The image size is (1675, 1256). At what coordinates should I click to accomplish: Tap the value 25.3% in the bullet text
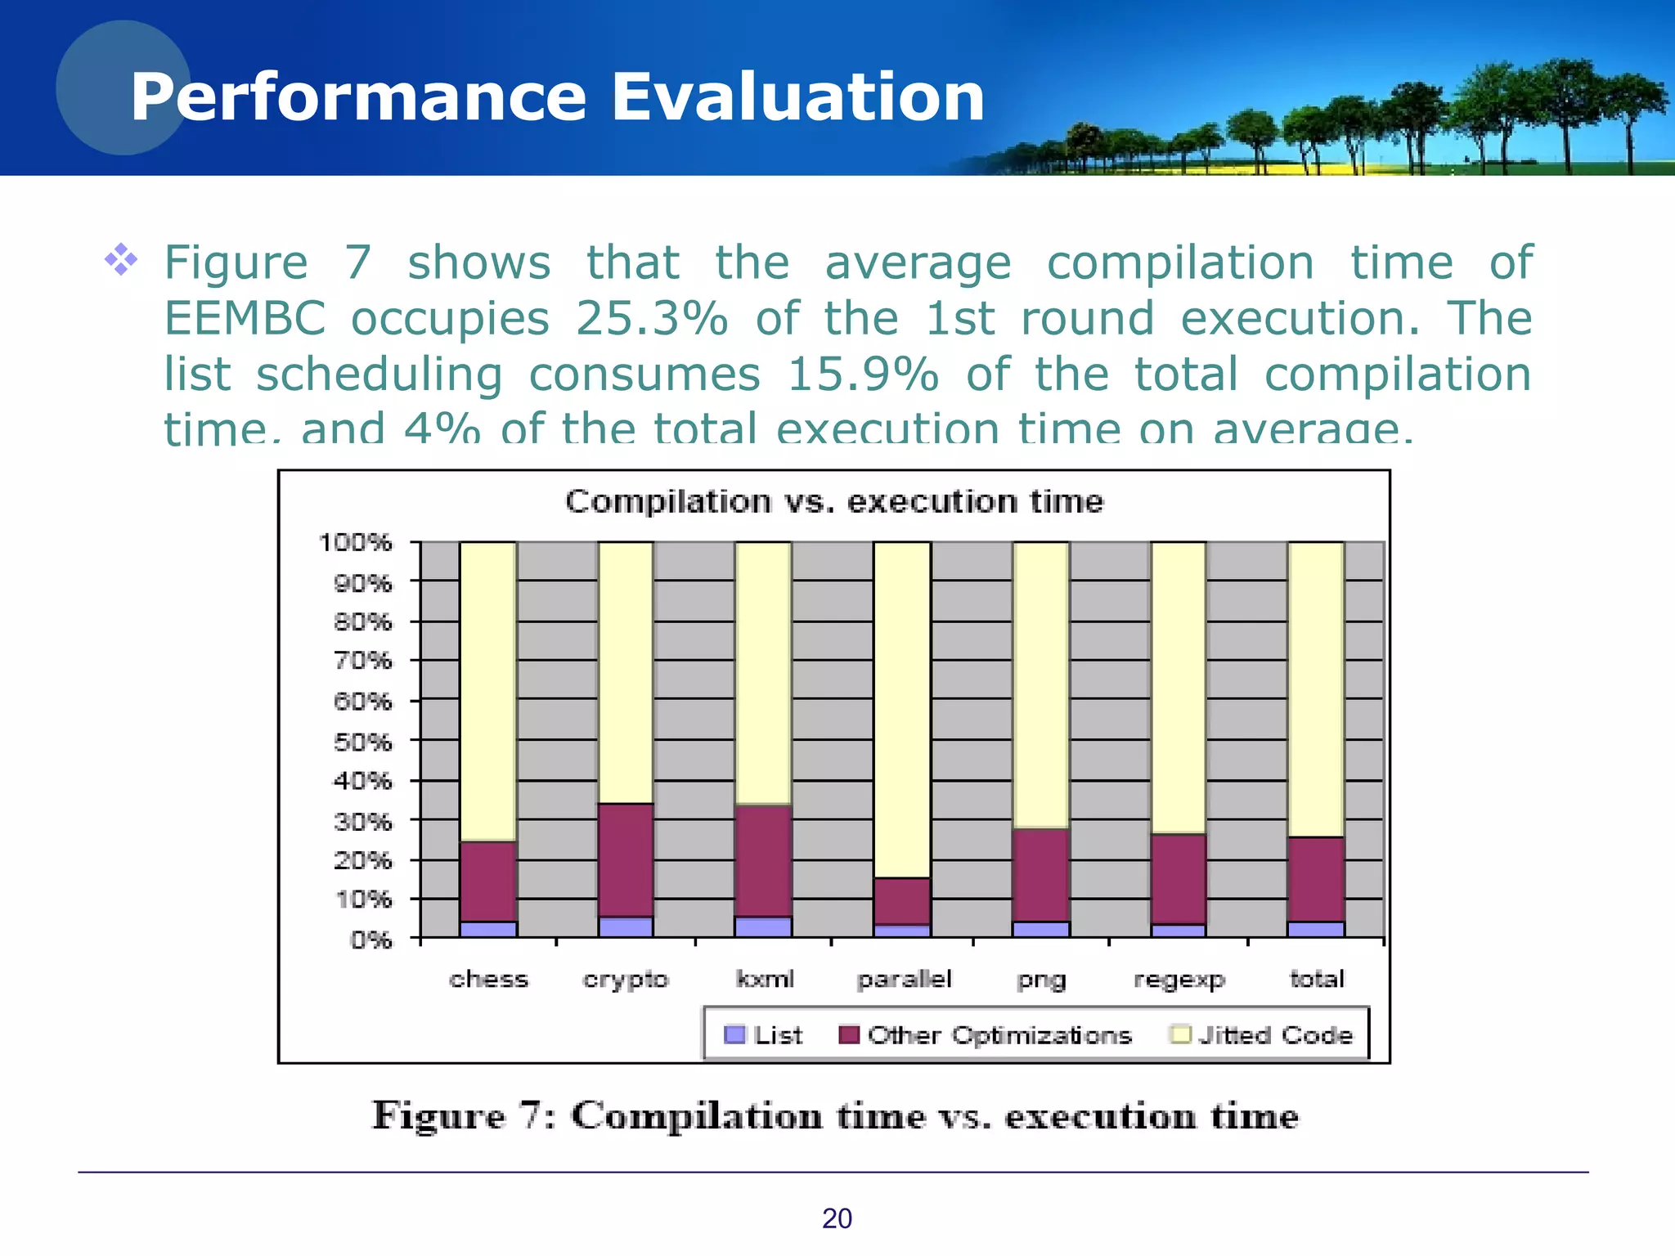click(x=651, y=318)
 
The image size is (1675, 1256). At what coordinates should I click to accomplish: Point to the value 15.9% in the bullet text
click(x=862, y=375)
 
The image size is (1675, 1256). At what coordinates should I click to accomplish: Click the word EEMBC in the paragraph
click(x=245, y=318)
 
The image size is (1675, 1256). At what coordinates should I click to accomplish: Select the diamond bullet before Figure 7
click(x=121, y=260)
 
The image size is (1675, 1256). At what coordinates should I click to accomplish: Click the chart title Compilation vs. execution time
click(x=833, y=501)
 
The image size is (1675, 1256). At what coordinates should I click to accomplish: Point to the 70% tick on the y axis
click(x=362, y=661)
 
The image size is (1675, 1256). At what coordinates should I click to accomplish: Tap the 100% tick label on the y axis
click(x=355, y=542)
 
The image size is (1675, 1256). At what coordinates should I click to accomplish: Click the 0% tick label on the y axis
click(x=370, y=940)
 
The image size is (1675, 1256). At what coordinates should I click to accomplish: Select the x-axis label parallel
click(x=904, y=979)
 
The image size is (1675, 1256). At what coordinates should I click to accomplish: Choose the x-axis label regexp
click(x=1179, y=979)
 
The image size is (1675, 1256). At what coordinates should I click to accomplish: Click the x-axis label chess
click(x=488, y=979)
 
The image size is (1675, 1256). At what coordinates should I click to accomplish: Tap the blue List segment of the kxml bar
click(x=763, y=927)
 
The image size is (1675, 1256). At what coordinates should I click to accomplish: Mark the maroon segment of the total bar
click(x=1316, y=879)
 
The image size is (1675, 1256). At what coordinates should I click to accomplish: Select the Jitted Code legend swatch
click(x=1180, y=1035)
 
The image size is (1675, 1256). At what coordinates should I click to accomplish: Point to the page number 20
click(x=837, y=1218)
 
